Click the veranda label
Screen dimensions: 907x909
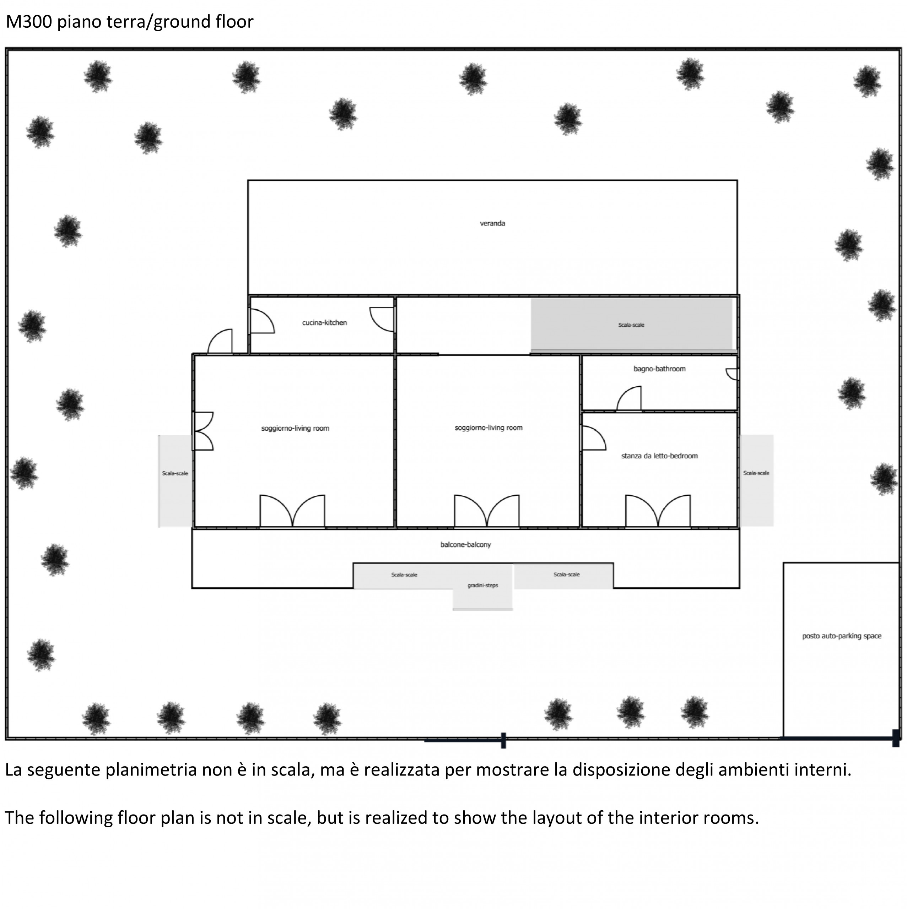point(492,223)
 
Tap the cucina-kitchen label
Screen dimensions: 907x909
point(324,322)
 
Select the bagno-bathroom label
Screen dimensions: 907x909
point(659,369)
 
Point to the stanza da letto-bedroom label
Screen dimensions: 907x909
point(659,456)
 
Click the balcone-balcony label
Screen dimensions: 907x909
point(465,544)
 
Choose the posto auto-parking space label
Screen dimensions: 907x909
point(842,636)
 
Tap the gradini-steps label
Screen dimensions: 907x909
point(482,585)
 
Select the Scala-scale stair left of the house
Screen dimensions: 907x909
point(175,480)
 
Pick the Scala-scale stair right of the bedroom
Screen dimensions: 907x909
point(756,480)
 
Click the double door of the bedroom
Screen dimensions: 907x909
point(658,511)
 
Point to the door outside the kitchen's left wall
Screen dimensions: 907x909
point(220,342)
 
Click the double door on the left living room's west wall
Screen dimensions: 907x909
point(203,431)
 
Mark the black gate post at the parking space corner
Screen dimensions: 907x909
point(896,738)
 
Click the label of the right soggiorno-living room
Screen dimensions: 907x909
point(488,428)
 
